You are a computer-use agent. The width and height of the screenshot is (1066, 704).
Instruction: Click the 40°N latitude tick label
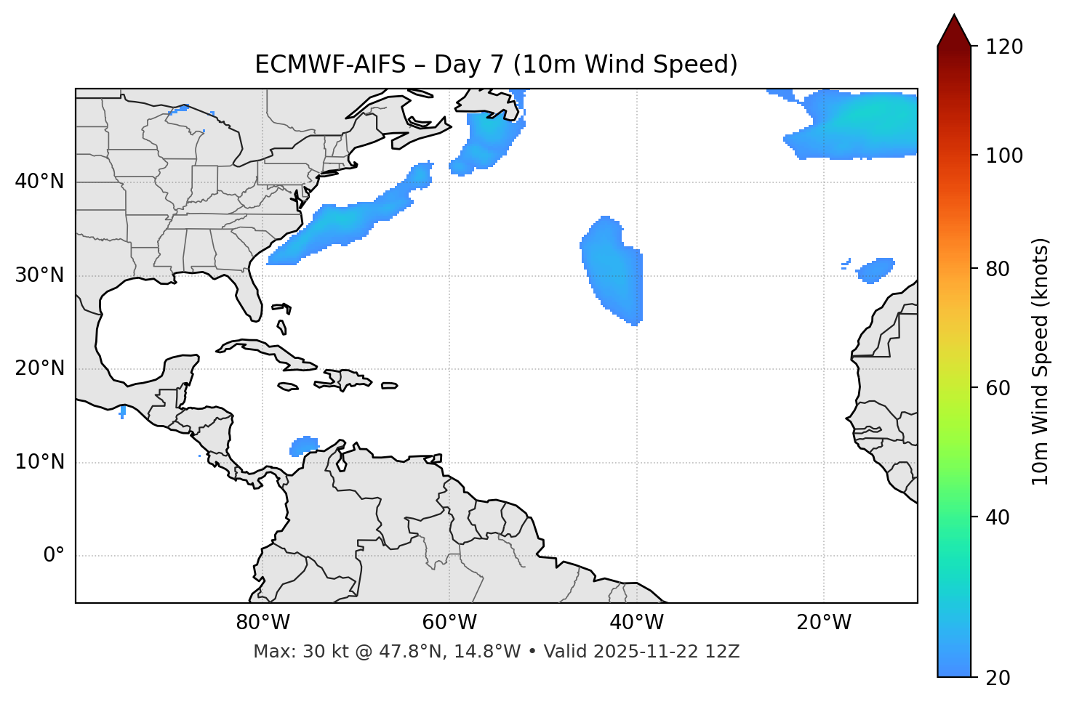coord(39,182)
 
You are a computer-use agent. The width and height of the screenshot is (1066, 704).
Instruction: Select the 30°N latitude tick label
coord(39,275)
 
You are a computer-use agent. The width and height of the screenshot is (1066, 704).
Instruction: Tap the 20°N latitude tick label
coord(39,368)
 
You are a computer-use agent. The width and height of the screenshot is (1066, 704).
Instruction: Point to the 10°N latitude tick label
coord(39,462)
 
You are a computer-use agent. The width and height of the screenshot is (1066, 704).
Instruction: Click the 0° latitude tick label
coord(54,556)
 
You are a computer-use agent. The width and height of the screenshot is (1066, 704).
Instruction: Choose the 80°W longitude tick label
coord(263,623)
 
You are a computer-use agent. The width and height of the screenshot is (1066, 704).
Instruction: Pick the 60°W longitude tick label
coord(449,623)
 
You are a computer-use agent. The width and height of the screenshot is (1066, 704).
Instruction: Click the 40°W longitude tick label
coord(637,623)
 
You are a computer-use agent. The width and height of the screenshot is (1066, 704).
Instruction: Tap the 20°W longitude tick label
coord(824,623)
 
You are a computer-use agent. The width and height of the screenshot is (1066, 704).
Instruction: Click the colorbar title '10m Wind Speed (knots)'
coord(1041,361)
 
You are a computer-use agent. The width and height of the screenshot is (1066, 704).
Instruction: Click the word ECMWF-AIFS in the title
coord(330,65)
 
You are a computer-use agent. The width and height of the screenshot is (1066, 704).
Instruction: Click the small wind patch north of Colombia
coord(304,445)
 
